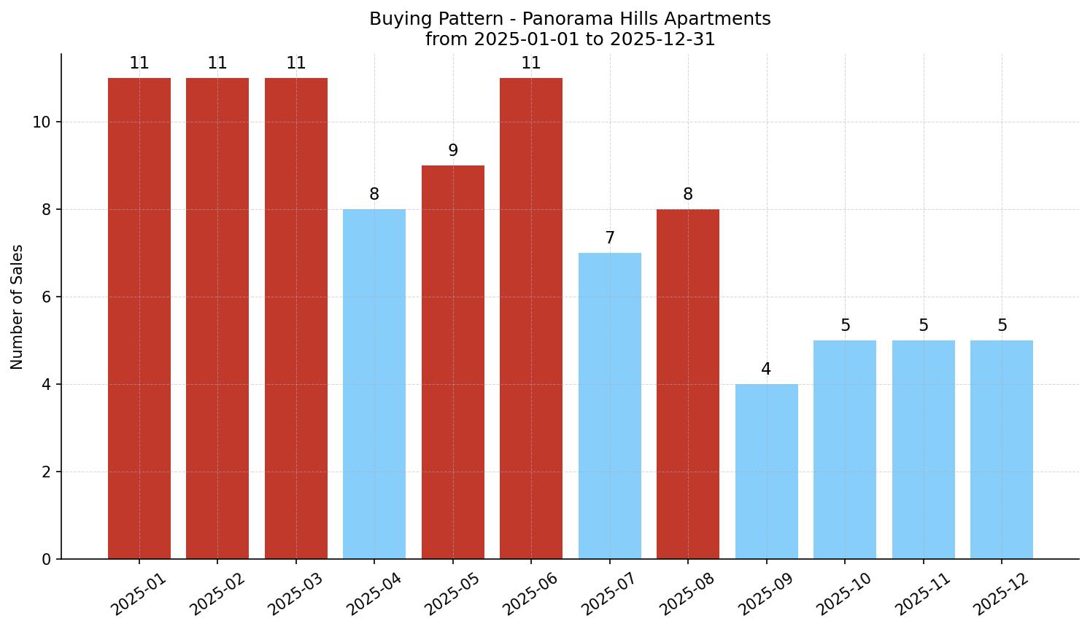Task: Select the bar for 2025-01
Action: point(139,319)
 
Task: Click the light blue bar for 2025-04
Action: point(374,384)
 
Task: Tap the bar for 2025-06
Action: point(531,319)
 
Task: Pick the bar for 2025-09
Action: point(766,472)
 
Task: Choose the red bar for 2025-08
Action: point(688,384)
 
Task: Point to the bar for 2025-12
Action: point(1002,450)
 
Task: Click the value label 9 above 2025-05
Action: point(453,151)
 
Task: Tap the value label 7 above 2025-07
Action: point(610,238)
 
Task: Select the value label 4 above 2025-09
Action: point(766,370)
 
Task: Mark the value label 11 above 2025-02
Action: point(217,63)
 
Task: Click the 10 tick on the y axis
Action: point(42,122)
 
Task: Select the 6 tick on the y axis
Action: point(46,297)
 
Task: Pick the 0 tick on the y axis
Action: point(46,559)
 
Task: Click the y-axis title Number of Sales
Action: point(18,307)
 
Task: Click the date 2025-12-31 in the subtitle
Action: point(662,39)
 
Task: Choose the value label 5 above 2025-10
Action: point(845,326)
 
